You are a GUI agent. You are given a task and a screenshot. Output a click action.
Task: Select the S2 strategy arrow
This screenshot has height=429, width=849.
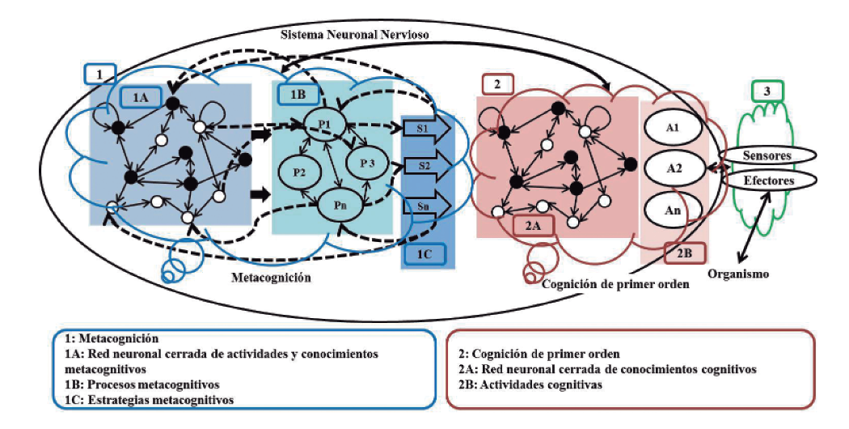point(424,167)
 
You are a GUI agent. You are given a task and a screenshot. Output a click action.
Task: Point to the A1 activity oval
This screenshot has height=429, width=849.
point(671,129)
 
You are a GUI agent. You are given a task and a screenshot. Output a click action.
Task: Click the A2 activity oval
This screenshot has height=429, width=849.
point(671,168)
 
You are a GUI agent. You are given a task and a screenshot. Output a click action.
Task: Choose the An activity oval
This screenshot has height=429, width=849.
point(671,210)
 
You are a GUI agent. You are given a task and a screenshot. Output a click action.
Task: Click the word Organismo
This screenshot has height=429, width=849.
point(738,274)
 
